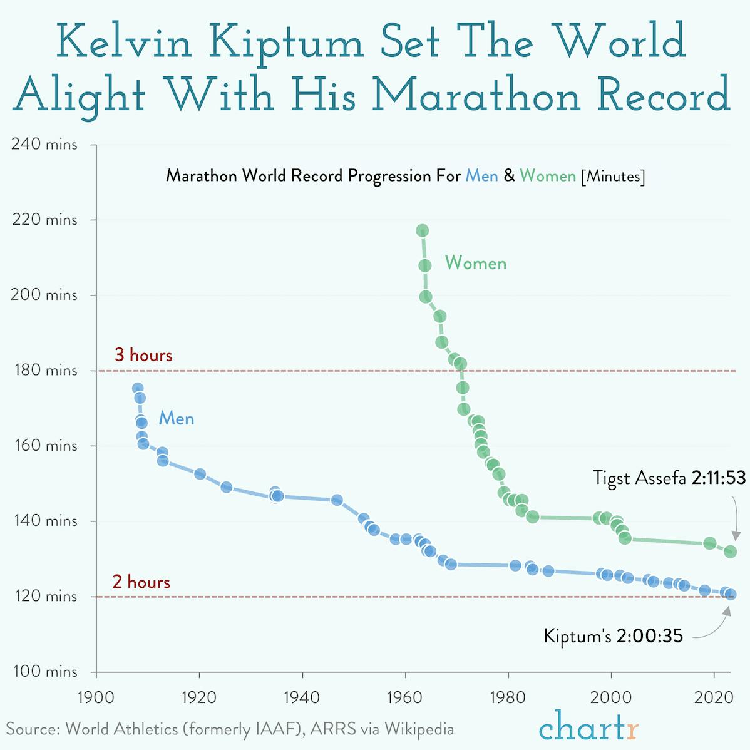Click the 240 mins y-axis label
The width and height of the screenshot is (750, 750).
point(44,145)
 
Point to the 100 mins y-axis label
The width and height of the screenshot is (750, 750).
point(44,672)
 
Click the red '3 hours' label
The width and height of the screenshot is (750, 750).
point(143,355)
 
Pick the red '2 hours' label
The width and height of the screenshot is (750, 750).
point(141,582)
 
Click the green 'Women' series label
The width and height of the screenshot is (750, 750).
point(476,263)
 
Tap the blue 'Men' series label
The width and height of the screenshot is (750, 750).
point(176,418)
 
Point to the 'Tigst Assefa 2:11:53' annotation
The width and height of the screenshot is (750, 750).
point(669,478)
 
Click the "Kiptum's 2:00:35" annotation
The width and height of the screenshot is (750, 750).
point(613,636)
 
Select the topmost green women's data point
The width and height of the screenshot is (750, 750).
point(422,230)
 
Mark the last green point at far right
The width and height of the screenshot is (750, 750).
point(730,552)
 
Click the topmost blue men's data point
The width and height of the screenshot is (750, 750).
point(138,388)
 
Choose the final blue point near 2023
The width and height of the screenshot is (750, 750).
point(731,595)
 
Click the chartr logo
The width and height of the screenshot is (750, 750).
point(588,726)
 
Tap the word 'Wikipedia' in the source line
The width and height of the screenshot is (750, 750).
point(419,729)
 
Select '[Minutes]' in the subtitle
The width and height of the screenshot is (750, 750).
point(613,176)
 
